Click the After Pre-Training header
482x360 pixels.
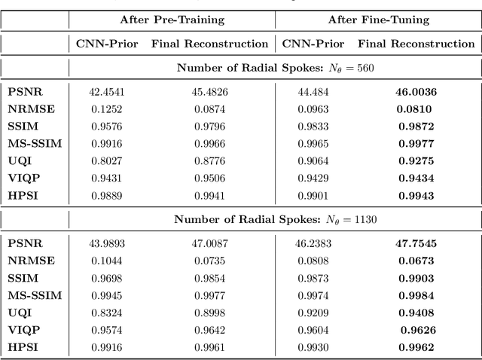point(172,19)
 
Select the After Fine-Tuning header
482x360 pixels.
point(377,19)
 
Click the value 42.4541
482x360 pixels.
point(107,93)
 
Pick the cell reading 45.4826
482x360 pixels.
point(209,93)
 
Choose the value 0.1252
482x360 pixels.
point(107,108)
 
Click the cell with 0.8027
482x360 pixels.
point(107,160)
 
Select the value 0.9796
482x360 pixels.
point(209,126)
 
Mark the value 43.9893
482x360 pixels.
point(107,243)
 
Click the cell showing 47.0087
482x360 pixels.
point(209,243)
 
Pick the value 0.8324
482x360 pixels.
point(107,311)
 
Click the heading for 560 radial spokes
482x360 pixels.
point(276,68)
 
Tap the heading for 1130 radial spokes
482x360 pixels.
point(276,219)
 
